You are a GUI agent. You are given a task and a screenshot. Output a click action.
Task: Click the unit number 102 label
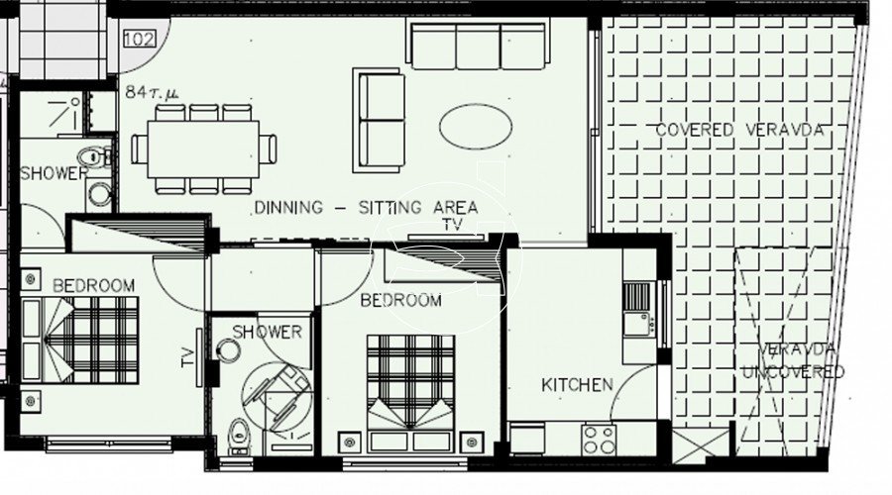coord(140,40)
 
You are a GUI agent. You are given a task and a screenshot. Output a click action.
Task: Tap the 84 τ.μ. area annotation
coord(152,92)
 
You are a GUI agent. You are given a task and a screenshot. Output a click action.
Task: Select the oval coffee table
coord(476,127)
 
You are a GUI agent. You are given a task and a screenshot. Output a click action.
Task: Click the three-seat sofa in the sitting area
coord(478,46)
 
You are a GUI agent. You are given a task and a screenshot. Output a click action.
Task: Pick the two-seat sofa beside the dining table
coord(379,121)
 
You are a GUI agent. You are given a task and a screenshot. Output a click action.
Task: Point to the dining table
coord(203,149)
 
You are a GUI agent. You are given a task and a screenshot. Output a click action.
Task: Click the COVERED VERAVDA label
coord(739,130)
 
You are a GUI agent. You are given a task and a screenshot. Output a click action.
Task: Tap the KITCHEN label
coord(577,385)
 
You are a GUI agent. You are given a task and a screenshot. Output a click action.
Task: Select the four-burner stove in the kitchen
coord(599,440)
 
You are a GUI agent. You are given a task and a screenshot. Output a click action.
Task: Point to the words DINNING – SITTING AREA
coord(366,208)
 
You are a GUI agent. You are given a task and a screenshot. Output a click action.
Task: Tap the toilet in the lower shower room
coord(240,436)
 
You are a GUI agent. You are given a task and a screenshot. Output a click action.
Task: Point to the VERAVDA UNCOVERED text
coord(794,361)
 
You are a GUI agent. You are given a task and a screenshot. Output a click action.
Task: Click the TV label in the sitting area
coord(453,225)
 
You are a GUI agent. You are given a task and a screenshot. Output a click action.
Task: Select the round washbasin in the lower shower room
coord(228,350)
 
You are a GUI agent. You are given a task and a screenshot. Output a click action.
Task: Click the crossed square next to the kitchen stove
coord(701,444)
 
